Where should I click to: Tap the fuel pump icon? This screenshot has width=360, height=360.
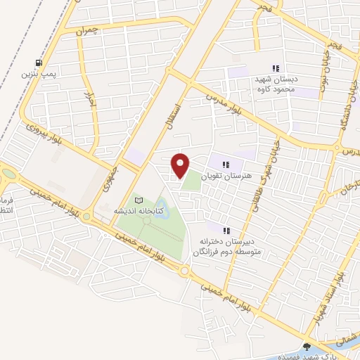(47, 62)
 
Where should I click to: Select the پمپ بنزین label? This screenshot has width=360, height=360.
(36, 73)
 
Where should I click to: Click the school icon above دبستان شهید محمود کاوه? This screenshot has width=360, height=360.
(276, 68)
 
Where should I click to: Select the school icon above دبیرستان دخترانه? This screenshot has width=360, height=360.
(226, 231)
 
